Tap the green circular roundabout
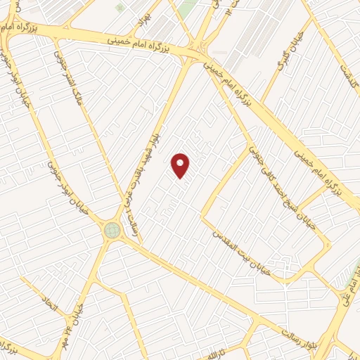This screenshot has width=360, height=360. coord(112,230)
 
